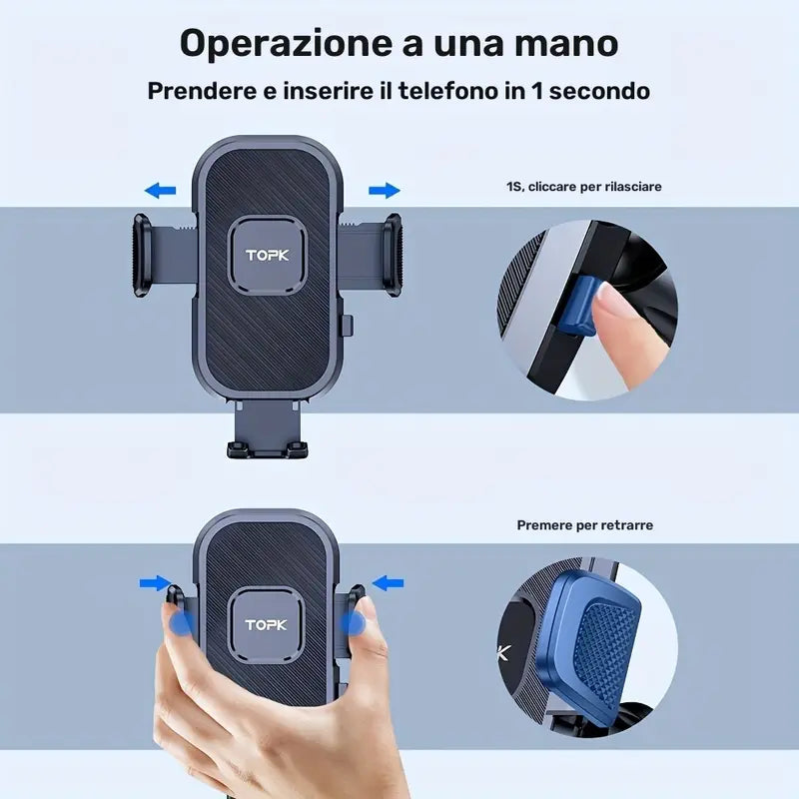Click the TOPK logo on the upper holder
pyautogui.click(x=267, y=256)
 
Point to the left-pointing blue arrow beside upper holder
pyautogui.click(x=160, y=190)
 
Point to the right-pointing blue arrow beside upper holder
pyautogui.click(x=384, y=190)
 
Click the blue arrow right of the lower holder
pyautogui.click(x=388, y=581)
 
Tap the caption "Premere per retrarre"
pyautogui.click(x=584, y=525)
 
